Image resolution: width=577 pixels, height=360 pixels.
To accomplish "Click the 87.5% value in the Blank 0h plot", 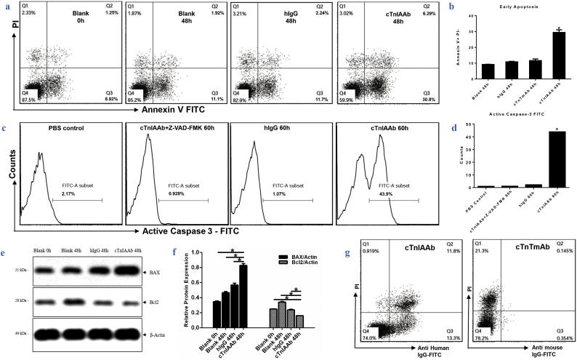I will click(x=28, y=100).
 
